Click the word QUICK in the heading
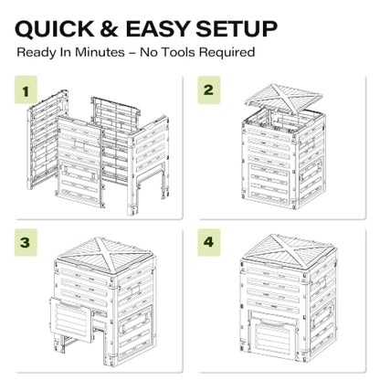click(55, 29)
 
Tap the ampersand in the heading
click(109, 29)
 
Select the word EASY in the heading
click(158, 29)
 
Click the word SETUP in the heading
click(237, 29)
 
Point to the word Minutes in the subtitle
click(100, 52)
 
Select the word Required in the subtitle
click(227, 53)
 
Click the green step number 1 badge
click(26, 90)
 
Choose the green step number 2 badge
click(209, 90)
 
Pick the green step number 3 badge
click(26, 243)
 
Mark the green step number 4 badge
click(209, 243)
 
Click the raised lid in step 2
click(284, 98)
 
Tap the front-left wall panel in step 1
click(79, 162)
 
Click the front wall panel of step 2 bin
click(269, 166)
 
